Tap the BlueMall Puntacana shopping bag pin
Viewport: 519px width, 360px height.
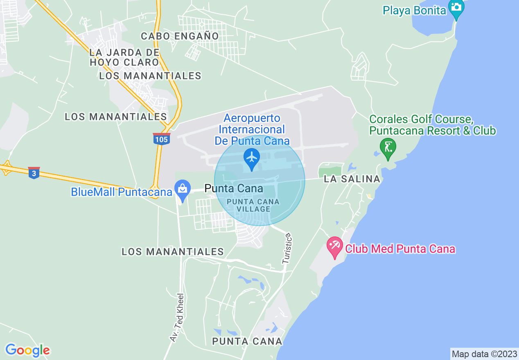tap(182, 190)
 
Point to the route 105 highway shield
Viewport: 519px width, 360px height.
tap(162, 139)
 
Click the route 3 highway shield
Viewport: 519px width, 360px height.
tap(34, 173)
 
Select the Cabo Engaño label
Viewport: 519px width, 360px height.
tap(180, 36)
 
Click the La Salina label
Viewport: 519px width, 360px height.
tap(352, 179)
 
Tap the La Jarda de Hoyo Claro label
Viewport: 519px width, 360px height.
tap(124, 57)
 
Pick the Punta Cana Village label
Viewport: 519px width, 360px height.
tap(253, 205)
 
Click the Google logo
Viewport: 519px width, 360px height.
tap(27, 350)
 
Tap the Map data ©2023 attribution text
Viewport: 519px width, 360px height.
tap(483, 354)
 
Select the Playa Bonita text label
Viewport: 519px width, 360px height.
tap(414, 10)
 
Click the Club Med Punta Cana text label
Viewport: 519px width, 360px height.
tap(400, 249)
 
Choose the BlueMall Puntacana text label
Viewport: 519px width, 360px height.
tap(122, 192)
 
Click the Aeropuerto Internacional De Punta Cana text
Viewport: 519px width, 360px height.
tap(252, 130)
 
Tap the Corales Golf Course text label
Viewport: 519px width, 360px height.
tap(432, 125)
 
